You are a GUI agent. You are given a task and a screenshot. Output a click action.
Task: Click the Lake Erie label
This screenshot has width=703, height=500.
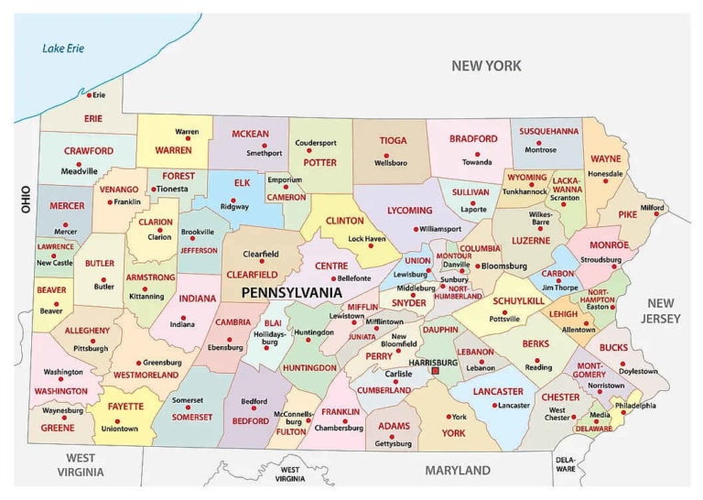tap(61, 49)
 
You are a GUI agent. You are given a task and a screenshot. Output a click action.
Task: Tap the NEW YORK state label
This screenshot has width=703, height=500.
tap(486, 66)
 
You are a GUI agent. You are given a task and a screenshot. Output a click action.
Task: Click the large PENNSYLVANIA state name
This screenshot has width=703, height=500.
tap(291, 292)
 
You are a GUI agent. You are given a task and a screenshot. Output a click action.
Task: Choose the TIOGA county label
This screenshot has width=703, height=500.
tap(393, 141)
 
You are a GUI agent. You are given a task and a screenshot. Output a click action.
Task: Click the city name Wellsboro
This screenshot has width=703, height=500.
tap(391, 162)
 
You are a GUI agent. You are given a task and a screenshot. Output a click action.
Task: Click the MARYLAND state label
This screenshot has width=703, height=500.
tap(457, 470)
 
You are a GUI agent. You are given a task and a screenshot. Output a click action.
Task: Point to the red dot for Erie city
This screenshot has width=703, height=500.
tap(88, 94)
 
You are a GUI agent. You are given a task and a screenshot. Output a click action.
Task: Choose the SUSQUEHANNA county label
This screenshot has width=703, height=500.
tap(549, 131)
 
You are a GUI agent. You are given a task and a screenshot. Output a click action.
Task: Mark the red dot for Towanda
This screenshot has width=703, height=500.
tap(476, 152)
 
